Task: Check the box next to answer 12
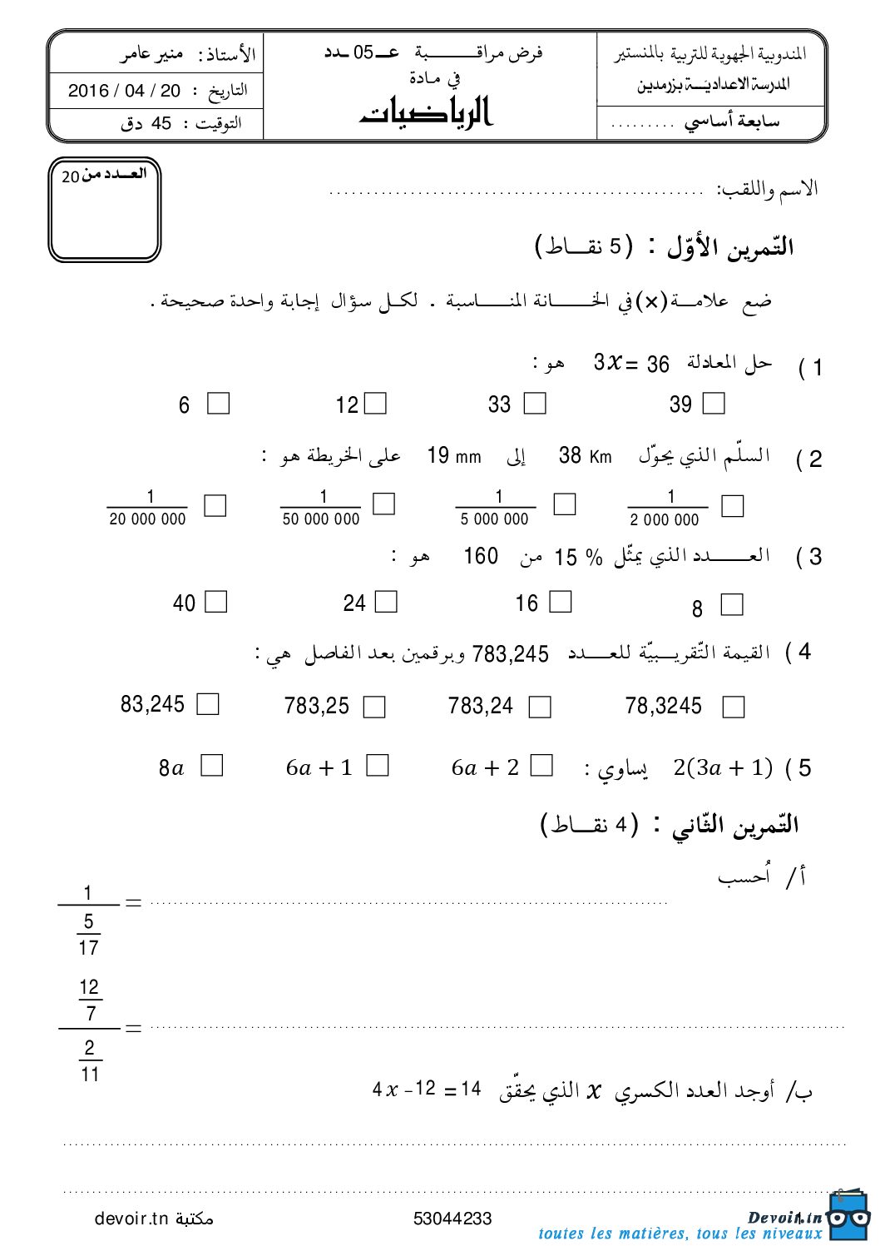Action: click(376, 404)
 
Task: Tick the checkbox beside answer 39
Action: click(714, 404)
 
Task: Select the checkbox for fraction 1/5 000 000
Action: click(565, 504)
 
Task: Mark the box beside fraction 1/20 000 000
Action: click(215, 506)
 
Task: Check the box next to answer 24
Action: click(387, 602)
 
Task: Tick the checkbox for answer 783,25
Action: click(375, 707)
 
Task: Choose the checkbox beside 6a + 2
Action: click(541, 766)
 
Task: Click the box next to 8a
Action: click(213, 766)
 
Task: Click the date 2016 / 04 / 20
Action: click(124, 91)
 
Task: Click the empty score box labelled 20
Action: click(104, 212)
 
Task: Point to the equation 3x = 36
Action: click(631, 364)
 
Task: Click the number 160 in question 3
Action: click(481, 556)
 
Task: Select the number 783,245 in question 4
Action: click(510, 655)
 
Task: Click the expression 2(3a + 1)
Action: click(723, 767)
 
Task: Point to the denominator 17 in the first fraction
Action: click(89, 947)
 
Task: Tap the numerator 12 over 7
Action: click(89, 988)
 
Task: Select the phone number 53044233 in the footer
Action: click(452, 1219)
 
